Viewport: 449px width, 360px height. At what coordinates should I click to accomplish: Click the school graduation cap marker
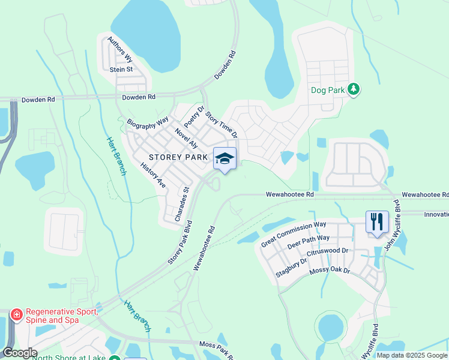tap(225, 158)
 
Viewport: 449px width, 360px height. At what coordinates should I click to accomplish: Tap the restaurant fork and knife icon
tap(377, 222)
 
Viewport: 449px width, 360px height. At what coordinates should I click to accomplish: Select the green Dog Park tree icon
tap(354, 90)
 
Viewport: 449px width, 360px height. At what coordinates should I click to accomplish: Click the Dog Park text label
tap(328, 91)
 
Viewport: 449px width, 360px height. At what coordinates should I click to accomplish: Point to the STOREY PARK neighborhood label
tap(178, 158)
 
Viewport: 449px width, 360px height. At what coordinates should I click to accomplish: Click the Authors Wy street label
tap(120, 50)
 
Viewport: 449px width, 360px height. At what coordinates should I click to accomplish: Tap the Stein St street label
tap(121, 70)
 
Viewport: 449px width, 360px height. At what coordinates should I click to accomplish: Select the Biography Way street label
tap(148, 122)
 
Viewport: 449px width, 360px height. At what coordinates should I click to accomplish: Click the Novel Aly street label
tap(186, 138)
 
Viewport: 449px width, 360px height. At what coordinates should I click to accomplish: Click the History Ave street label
tap(153, 175)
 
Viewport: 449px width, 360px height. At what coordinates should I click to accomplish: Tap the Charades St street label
tap(182, 205)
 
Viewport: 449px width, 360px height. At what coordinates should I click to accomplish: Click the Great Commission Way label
tap(294, 234)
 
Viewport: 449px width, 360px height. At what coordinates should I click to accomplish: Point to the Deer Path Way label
tap(309, 242)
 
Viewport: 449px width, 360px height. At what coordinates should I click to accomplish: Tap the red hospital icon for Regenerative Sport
tap(16, 314)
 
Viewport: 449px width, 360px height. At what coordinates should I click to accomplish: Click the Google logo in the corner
tap(19, 353)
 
